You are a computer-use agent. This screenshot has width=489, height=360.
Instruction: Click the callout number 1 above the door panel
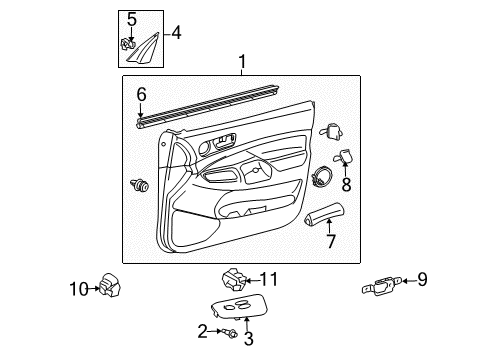[x=240, y=63]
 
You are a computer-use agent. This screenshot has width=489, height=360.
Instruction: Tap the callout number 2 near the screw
[x=203, y=330]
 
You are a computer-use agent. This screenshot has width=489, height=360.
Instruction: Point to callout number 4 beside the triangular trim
[x=177, y=32]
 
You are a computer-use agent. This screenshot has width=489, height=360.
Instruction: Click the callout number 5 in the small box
[x=131, y=19]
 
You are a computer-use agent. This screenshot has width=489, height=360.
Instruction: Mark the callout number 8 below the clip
[x=346, y=185]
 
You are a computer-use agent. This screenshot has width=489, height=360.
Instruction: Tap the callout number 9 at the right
[x=422, y=280]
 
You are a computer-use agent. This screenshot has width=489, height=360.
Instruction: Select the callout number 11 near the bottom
[x=268, y=279]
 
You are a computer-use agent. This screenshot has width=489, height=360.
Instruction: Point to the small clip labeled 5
[x=128, y=42]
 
